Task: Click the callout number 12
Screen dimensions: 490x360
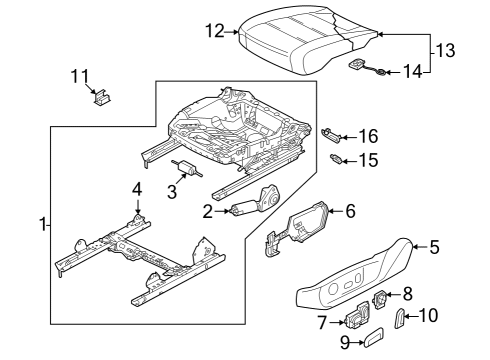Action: tap(215, 31)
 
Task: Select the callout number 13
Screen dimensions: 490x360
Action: tap(445, 51)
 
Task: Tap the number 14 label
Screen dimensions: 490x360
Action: tap(413, 71)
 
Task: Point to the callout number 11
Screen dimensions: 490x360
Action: tap(80, 76)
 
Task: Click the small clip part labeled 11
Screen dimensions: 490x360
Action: tap(101, 97)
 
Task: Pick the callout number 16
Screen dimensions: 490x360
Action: tap(369, 136)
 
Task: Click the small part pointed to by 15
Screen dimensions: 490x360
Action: tap(335, 159)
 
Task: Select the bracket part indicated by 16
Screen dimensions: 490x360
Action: tap(331, 136)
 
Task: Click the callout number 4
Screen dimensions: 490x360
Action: tap(137, 190)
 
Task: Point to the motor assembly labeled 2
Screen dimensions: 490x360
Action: tap(256, 203)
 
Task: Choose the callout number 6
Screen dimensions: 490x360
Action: tap(350, 211)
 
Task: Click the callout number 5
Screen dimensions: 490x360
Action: tap(434, 247)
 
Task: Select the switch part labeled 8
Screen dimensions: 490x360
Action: tap(380, 298)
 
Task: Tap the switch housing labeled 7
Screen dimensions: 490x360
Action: tap(357, 316)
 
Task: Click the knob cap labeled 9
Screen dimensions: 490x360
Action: tap(373, 337)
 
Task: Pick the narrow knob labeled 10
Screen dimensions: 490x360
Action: tap(399, 318)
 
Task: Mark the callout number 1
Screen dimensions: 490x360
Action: tap(42, 225)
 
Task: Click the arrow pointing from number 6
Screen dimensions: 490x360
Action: tap(336, 211)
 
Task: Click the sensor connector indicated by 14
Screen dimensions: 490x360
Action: tap(368, 67)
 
